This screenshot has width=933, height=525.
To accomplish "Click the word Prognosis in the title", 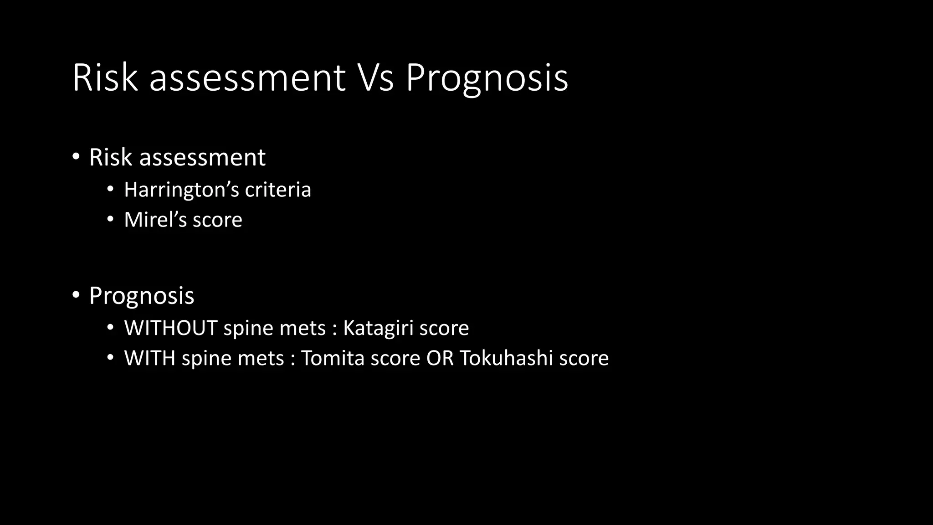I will point(487,78).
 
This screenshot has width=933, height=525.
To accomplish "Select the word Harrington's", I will point(181,190).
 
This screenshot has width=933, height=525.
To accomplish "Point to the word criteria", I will point(278,190).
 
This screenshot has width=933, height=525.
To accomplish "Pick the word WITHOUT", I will point(170,328).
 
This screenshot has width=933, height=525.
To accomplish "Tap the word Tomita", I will point(332,358).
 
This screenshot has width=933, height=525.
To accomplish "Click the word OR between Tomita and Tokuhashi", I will point(440,358).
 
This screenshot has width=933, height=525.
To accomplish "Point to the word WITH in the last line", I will point(149,358).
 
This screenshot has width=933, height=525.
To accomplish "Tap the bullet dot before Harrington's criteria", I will point(110,189).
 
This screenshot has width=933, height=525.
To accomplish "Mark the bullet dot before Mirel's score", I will point(110,219).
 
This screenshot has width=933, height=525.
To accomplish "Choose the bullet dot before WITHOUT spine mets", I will point(110,328).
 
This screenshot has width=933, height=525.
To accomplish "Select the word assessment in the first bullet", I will point(202,158).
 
